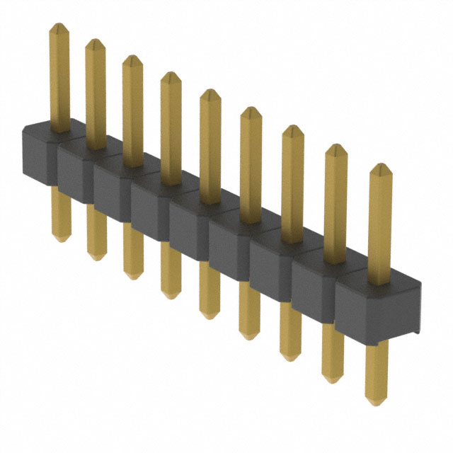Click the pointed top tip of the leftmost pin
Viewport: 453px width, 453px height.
point(59,25)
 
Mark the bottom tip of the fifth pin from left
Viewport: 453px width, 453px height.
point(209,316)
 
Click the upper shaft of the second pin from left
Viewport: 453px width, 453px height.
point(96,92)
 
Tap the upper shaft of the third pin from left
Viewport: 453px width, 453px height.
point(132,110)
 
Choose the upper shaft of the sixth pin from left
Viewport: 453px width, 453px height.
point(251,163)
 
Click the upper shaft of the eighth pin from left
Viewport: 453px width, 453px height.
point(336,202)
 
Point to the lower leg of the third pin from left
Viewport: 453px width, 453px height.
point(132,248)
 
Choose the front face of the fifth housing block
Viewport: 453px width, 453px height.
point(187,234)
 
